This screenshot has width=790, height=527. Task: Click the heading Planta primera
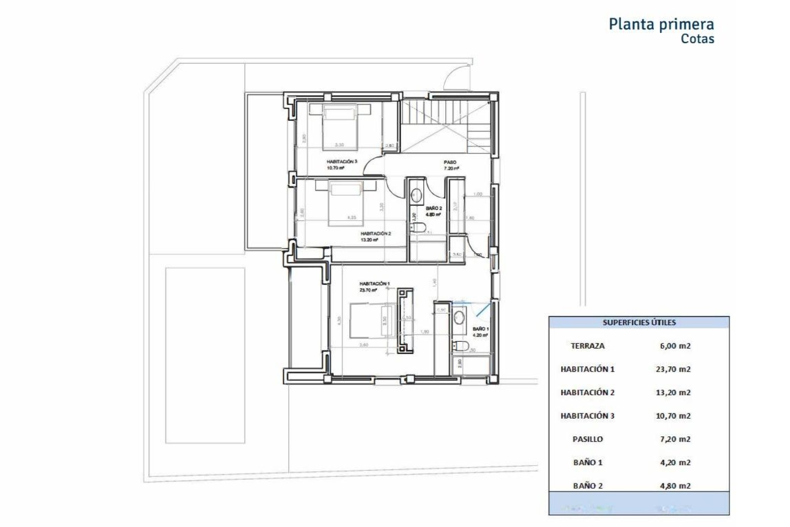[661, 24]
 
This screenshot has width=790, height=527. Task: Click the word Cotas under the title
[697, 39]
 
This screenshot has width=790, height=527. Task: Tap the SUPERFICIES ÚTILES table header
[639, 322]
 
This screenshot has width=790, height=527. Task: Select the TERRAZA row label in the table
[588, 346]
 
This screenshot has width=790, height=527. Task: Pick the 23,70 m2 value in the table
[673, 369]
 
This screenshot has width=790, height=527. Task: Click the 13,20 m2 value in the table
[673, 392]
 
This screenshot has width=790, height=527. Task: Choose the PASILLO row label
[588, 439]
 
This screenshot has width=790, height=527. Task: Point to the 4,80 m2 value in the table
[675, 486]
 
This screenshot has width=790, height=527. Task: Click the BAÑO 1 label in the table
[588, 462]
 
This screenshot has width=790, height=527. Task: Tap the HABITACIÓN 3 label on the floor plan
[342, 162]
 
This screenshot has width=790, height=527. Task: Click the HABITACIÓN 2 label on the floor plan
[375, 233]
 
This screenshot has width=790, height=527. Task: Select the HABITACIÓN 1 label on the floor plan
[374, 284]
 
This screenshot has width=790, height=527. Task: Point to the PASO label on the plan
[450, 163]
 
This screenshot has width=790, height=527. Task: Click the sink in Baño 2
[417, 195]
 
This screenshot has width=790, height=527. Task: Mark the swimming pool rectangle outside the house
[205, 355]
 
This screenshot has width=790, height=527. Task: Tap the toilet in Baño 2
[419, 227]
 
